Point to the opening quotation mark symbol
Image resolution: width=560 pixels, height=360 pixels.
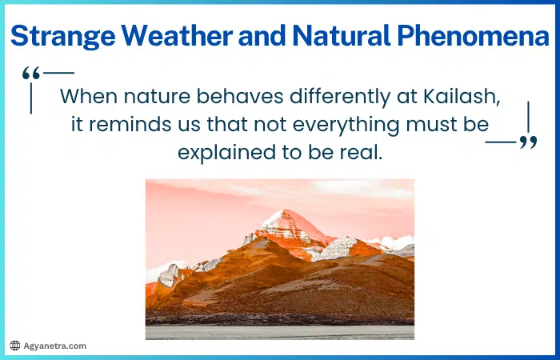(x=31, y=74)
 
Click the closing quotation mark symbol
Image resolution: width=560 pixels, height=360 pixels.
(x=528, y=142)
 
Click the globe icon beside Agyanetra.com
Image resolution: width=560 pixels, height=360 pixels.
(x=14, y=346)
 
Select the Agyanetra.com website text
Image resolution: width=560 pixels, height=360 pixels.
(x=54, y=346)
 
